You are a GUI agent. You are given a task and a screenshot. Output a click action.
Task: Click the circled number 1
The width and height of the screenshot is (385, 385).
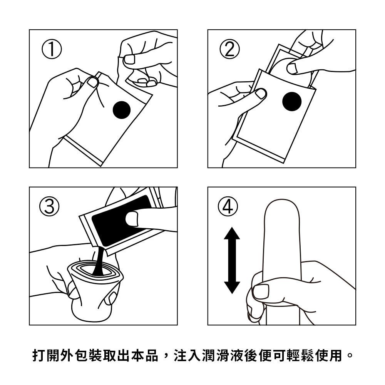52,49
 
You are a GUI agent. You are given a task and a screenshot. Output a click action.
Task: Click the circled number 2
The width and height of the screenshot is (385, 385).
229,49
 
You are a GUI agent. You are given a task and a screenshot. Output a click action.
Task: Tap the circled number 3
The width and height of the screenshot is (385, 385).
49,206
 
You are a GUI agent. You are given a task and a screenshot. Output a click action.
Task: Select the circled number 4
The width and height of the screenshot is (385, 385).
228,206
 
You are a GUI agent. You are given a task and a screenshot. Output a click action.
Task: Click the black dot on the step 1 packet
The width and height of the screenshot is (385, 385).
122,110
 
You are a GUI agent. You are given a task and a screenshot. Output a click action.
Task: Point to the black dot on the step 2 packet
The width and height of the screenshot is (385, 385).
292,102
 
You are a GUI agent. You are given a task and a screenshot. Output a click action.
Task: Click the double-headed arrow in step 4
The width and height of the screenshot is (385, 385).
232,261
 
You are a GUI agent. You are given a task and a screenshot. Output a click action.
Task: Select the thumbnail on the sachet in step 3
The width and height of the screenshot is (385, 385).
132,219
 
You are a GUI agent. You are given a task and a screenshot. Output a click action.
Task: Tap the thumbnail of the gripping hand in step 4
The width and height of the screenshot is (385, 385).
261,291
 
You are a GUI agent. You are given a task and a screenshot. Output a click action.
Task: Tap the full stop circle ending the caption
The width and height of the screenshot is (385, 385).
350,355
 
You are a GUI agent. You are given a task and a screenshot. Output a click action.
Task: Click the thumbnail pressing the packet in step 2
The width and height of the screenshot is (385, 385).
261,94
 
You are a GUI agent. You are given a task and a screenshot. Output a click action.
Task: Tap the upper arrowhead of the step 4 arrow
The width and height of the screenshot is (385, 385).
232,233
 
